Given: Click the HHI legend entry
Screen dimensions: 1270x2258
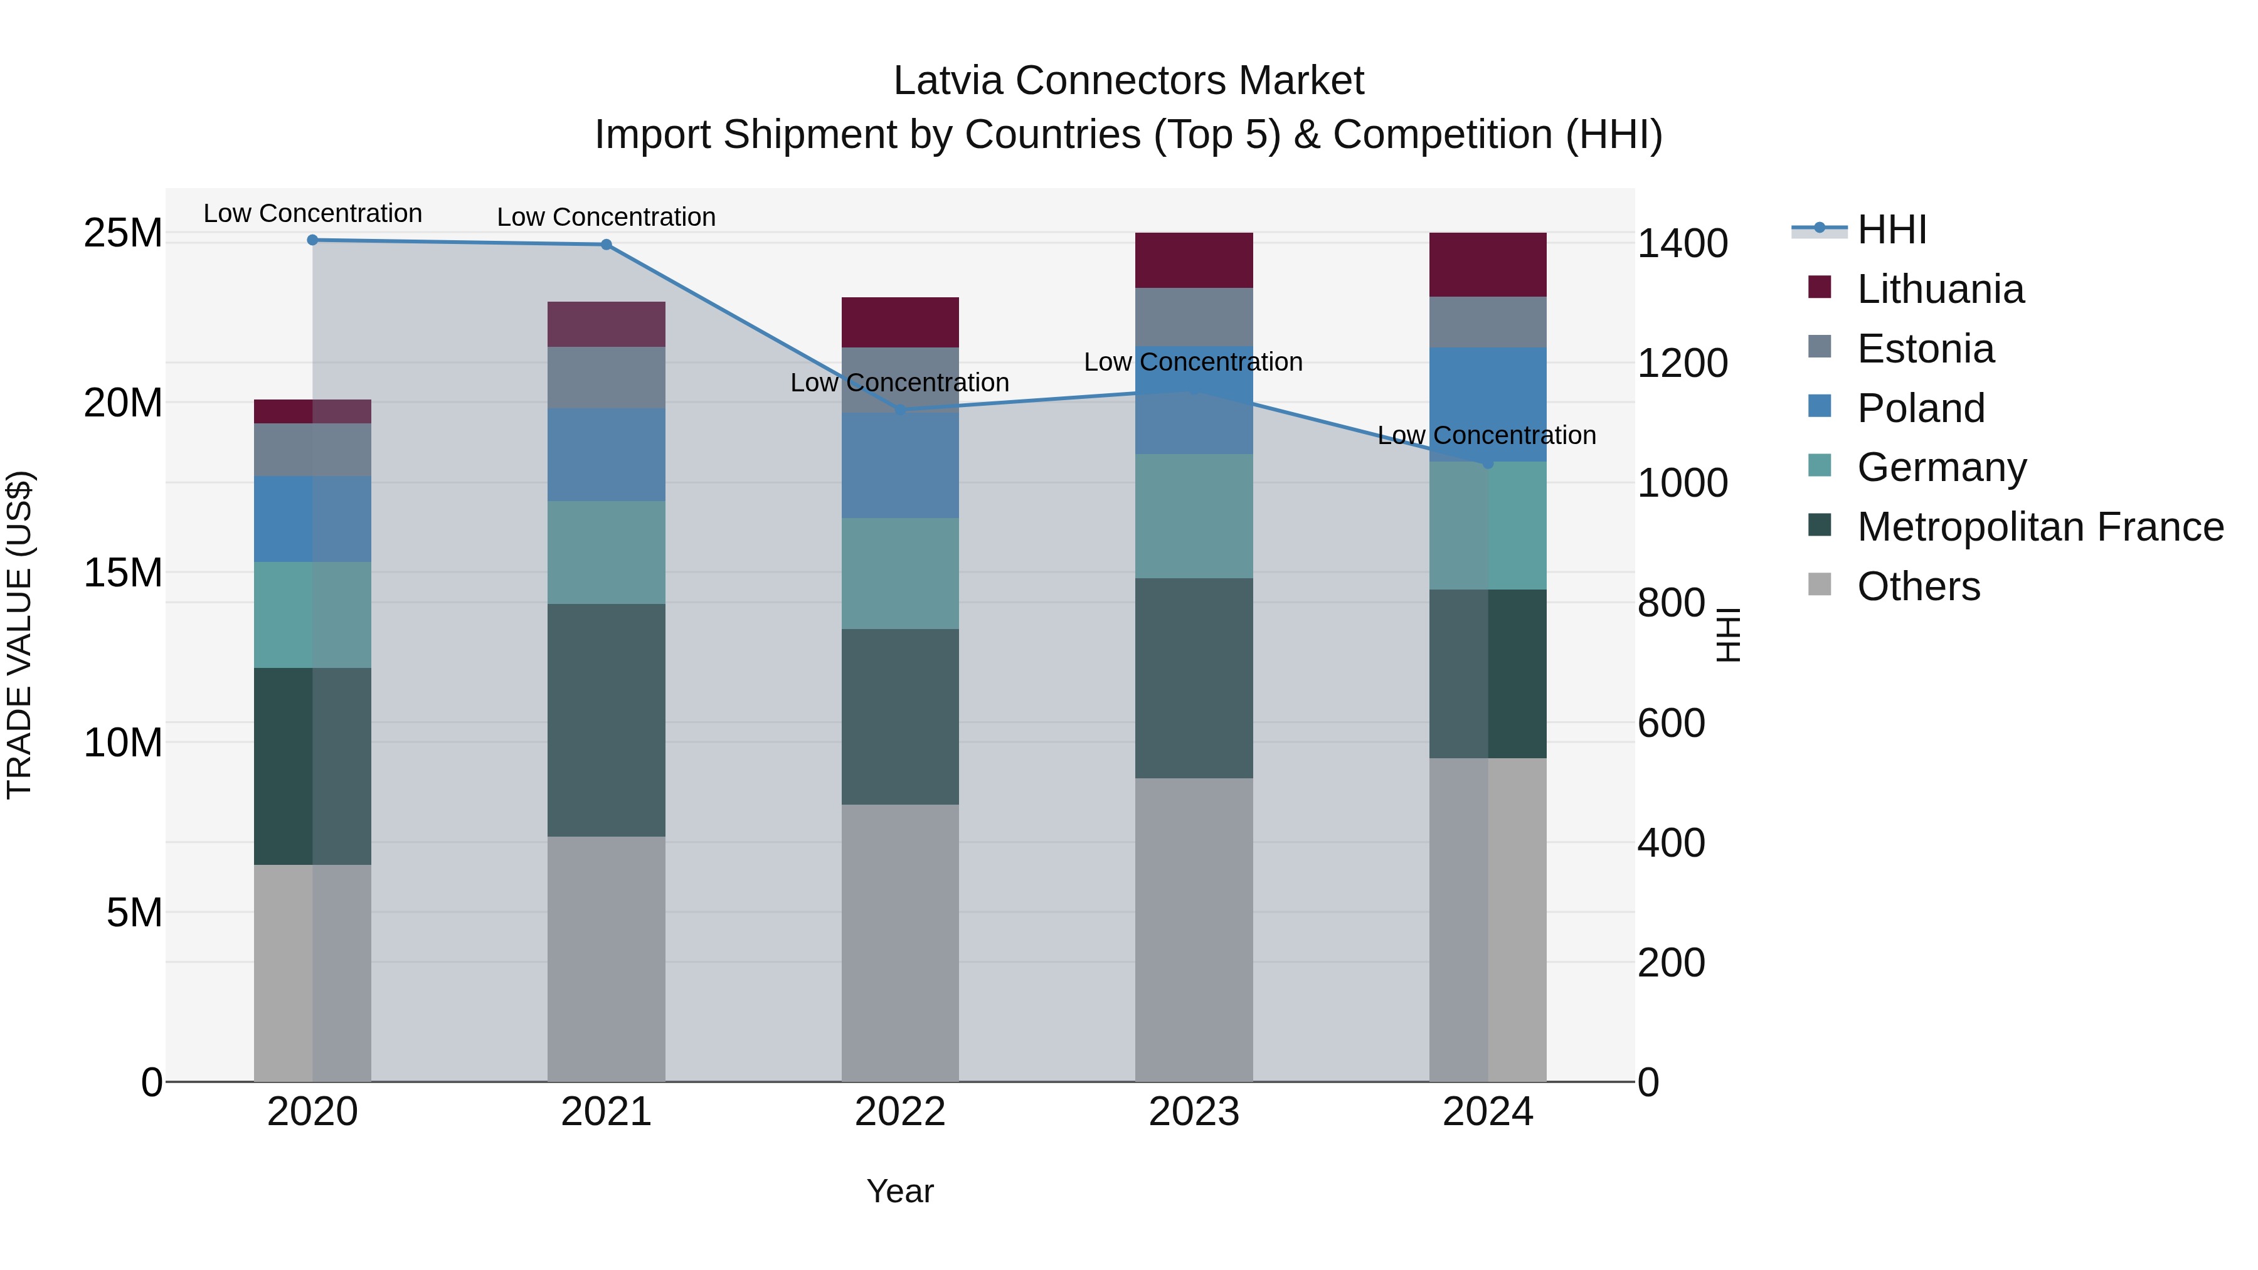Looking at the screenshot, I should point(1892,230).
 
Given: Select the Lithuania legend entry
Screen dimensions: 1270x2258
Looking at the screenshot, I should point(1940,289).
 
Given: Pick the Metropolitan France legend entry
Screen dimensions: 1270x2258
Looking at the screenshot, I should point(2040,527).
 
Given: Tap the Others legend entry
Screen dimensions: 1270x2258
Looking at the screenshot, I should point(1918,586).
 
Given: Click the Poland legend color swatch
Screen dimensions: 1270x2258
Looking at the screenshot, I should point(1820,406).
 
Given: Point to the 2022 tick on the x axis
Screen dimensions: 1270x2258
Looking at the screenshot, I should point(899,1112).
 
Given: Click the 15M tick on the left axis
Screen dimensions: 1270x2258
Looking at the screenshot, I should point(123,573).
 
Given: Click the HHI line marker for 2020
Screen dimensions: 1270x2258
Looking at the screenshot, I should point(312,240).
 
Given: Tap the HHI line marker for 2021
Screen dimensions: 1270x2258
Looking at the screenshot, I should point(606,245).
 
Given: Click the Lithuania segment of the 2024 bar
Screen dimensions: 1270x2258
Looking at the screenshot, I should point(1488,264).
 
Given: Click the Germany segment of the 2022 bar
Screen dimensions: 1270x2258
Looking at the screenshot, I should point(899,573).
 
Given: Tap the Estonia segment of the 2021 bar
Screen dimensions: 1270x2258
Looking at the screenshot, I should point(606,377).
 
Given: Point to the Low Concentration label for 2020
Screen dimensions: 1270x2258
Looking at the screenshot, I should point(312,213).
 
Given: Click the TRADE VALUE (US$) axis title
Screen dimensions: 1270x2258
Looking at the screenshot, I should point(19,635).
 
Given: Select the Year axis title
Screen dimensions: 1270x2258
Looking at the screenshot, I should point(899,1191).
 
